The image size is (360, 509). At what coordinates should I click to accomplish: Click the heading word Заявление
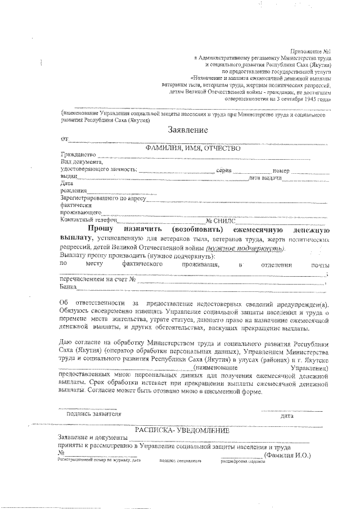click(188, 130)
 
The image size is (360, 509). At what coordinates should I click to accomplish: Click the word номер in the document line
click(281, 170)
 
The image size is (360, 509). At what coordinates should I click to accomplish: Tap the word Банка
click(68, 286)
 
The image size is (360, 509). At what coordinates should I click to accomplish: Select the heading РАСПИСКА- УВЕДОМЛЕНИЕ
click(180, 430)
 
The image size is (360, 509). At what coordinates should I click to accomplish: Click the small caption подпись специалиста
click(181, 460)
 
